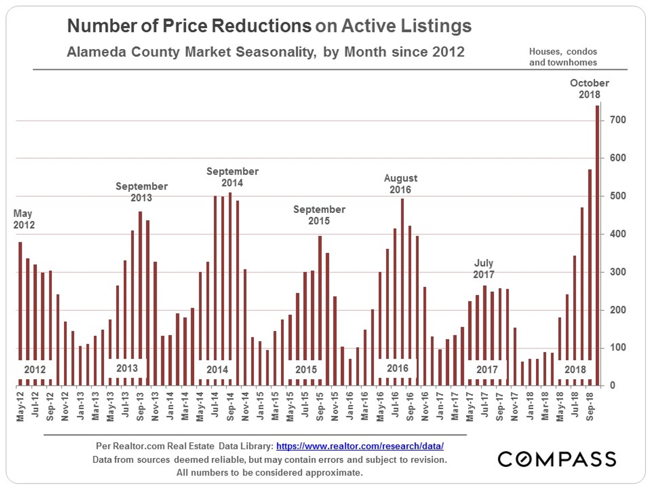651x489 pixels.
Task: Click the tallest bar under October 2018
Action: tap(597, 244)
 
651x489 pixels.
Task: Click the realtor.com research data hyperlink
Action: tap(360, 447)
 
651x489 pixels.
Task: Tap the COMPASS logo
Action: tap(557, 459)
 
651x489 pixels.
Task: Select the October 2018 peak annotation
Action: tap(589, 89)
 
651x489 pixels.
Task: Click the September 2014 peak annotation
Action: tap(232, 177)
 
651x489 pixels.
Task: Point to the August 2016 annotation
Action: tap(401, 184)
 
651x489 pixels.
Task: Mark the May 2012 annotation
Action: tap(24, 218)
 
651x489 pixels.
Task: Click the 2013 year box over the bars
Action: tap(127, 368)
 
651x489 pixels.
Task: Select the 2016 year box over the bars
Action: tap(397, 368)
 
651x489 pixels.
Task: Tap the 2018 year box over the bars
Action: tap(575, 369)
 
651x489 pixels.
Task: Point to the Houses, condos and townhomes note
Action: tap(563, 57)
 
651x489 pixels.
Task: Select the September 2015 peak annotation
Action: tap(319, 215)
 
